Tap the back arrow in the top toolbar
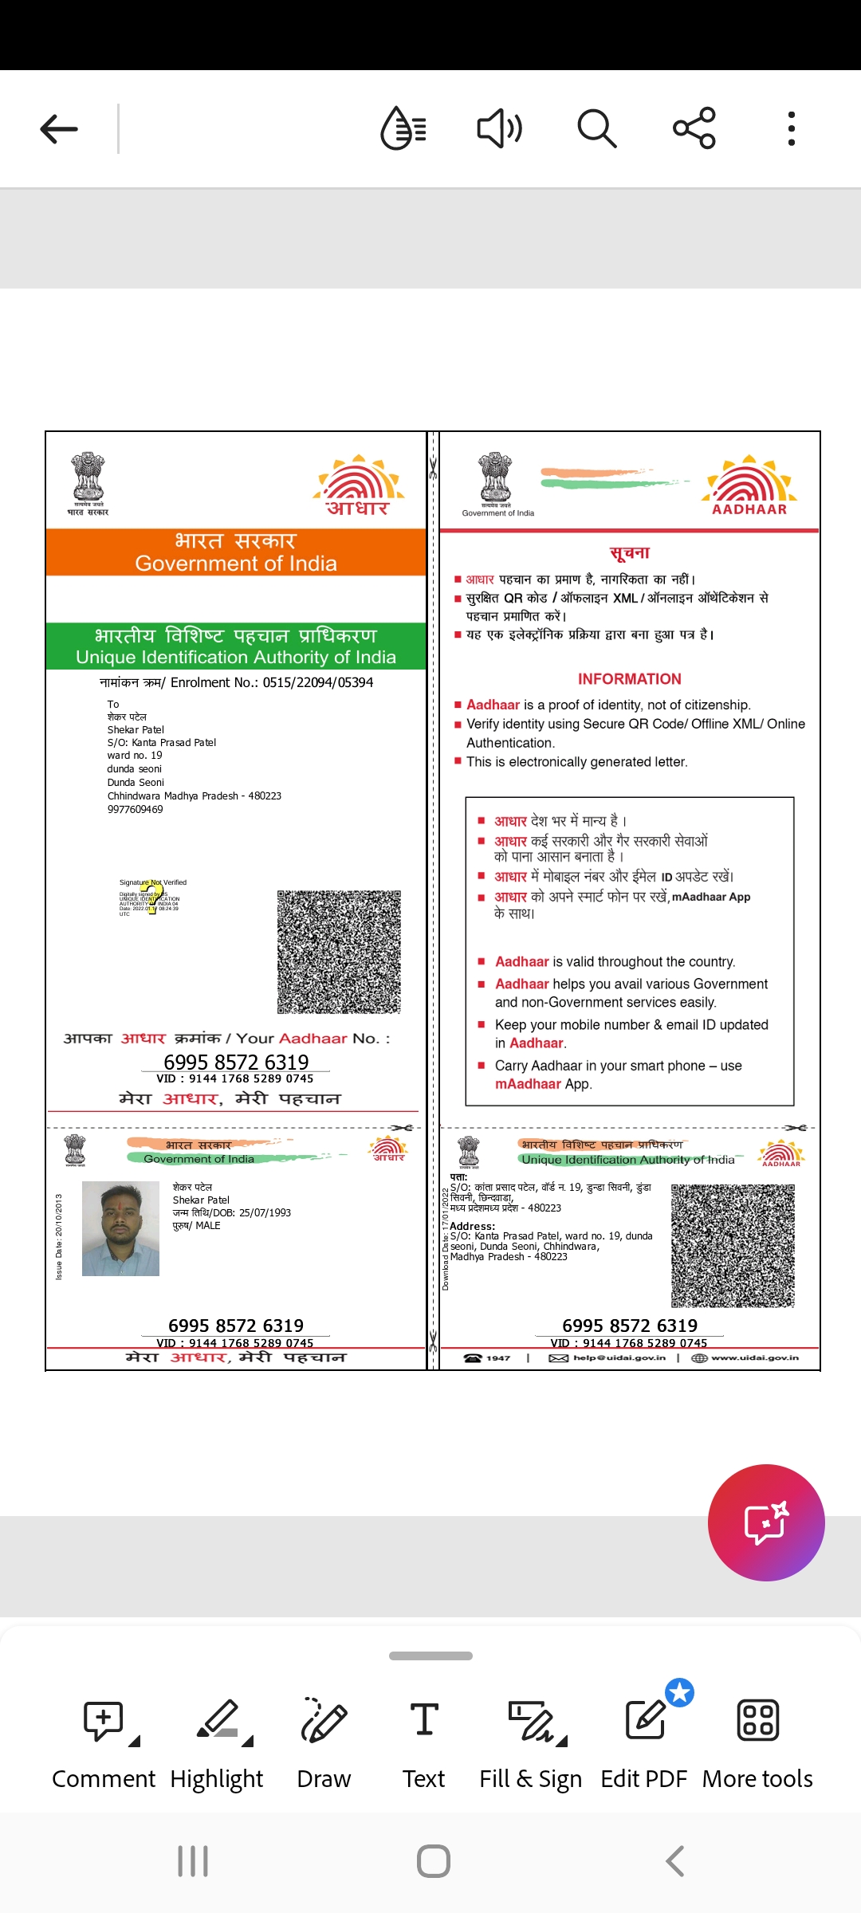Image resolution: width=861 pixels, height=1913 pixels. tap(59, 128)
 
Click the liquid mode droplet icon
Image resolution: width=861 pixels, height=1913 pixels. tap(403, 128)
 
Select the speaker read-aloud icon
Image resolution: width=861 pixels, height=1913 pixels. tap(499, 128)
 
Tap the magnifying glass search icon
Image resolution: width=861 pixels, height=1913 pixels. tap(596, 128)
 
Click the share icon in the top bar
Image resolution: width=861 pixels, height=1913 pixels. tap(694, 128)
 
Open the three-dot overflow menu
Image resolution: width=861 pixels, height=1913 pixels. tap(791, 128)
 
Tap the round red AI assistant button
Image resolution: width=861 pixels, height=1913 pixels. tap(766, 1522)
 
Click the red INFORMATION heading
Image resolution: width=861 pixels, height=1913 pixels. tap(630, 679)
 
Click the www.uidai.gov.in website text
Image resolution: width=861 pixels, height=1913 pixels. tap(754, 1357)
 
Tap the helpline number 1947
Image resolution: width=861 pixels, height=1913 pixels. tap(497, 1357)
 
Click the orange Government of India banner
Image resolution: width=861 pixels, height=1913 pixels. tap(236, 552)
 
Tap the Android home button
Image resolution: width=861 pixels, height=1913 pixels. tap(434, 1861)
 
